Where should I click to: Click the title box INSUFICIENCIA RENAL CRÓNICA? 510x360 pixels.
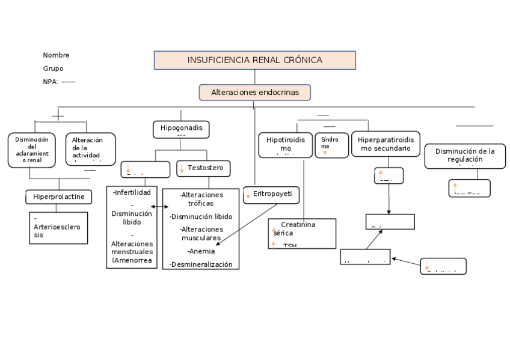[x=254, y=60]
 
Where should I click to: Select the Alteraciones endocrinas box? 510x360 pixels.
[x=254, y=92]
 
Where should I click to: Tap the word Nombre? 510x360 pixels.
[x=56, y=55]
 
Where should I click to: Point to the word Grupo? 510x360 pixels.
[x=53, y=69]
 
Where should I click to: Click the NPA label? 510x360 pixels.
[x=51, y=82]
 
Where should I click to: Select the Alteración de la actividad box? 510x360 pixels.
[x=90, y=149]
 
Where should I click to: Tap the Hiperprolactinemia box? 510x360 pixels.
[x=58, y=197]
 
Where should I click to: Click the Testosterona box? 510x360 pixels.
[x=204, y=168]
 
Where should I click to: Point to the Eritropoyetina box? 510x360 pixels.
[x=271, y=195]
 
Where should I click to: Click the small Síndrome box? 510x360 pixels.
[x=331, y=145]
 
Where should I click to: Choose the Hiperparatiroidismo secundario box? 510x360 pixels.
[x=385, y=144]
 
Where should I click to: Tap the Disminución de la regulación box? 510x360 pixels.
[x=465, y=156]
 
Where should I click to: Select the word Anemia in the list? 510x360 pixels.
[x=201, y=251]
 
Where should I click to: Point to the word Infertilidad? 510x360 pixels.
[x=132, y=192]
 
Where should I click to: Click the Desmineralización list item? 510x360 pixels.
[x=201, y=264]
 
